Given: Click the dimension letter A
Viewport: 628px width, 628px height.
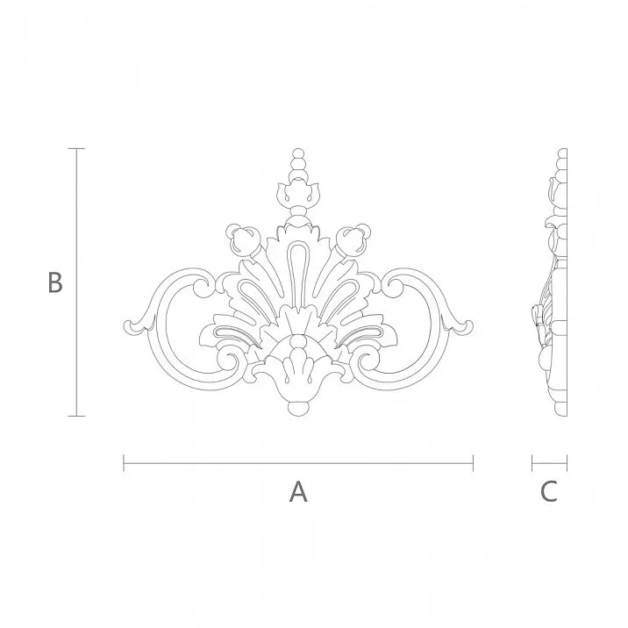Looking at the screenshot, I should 298,492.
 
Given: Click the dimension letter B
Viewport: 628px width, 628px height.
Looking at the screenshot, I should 54,283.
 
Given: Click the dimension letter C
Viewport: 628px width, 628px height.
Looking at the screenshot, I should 548,492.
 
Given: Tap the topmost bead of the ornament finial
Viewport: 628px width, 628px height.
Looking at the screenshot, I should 298,155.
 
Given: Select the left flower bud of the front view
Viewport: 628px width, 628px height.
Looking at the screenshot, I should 243,238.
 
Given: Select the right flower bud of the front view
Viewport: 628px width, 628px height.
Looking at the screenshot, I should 353,238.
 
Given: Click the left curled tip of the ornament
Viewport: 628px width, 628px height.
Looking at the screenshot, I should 133,326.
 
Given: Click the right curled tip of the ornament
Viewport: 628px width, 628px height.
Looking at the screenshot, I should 463,326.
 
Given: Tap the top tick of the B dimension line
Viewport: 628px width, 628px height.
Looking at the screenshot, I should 76,149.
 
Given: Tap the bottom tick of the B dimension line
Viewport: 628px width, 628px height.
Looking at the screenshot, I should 76,416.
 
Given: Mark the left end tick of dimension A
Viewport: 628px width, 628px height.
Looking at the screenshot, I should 124,462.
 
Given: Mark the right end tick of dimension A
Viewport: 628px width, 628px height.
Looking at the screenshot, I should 473,462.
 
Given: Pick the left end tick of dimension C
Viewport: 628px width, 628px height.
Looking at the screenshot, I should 532,462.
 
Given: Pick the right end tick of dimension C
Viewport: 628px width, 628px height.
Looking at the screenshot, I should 567,462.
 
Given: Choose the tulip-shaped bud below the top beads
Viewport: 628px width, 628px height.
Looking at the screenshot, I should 298,191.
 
